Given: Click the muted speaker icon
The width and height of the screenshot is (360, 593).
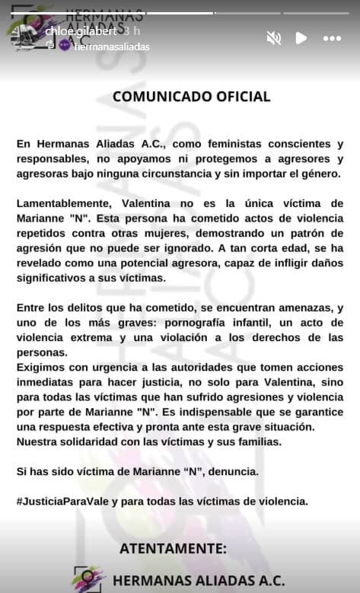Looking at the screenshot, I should click(x=274, y=37).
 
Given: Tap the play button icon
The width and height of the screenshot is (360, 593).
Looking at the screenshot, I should click(x=301, y=37).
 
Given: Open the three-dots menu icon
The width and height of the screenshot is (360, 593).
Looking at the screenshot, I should click(x=332, y=38).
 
